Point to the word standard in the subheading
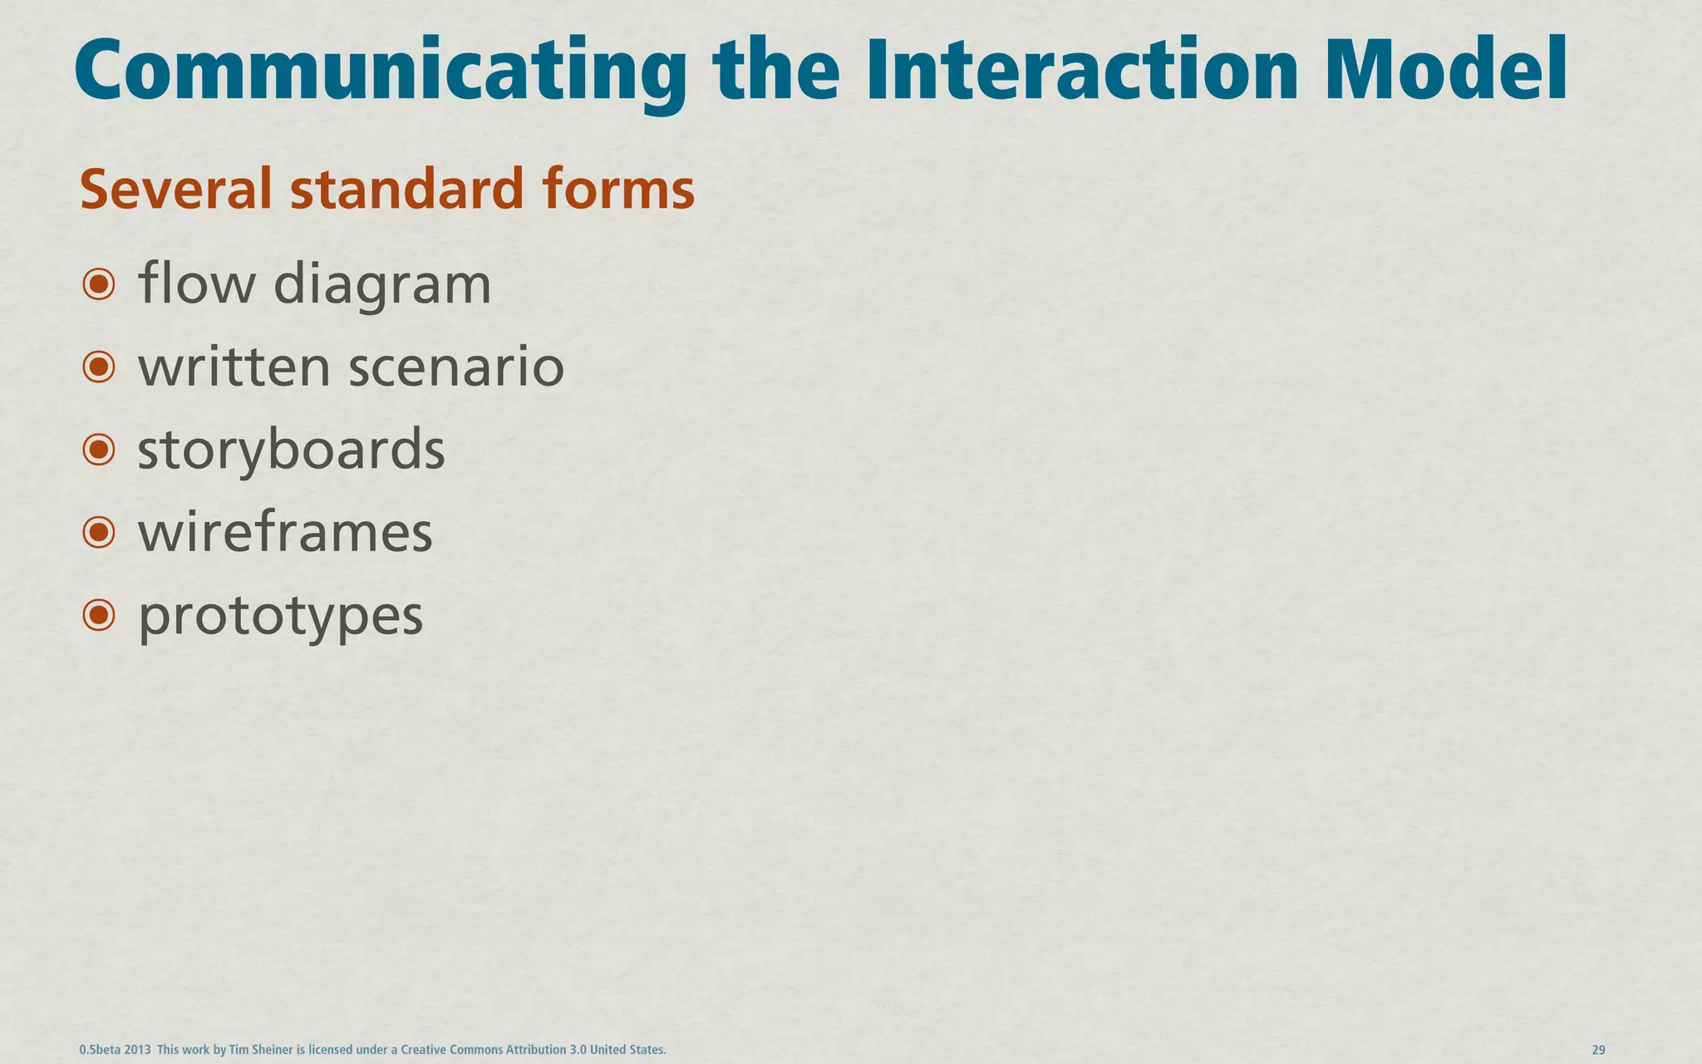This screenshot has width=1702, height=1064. tap(406, 189)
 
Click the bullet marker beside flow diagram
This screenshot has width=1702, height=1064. tap(99, 284)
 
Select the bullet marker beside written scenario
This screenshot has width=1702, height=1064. tap(99, 367)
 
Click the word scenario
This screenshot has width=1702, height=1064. tap(456, 367)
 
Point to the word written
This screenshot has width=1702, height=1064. tap(234, 367)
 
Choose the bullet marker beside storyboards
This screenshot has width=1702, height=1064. tap(99, 450)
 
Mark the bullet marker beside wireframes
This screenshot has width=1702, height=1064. tap(99, 532)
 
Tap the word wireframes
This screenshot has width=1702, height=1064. tap(285, 533)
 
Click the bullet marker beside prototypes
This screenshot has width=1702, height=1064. tap(99, 615)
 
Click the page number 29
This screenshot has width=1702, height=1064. tap(1598, 1050)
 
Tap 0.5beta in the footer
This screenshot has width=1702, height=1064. tap(99, 1050)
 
